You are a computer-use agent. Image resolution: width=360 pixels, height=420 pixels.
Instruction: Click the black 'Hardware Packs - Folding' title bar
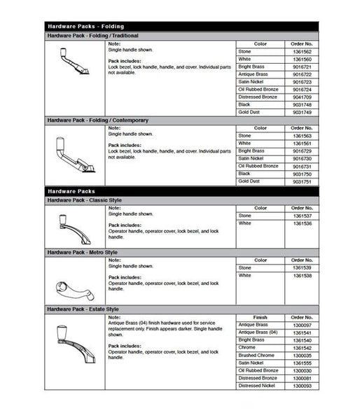click(x=181, y=26)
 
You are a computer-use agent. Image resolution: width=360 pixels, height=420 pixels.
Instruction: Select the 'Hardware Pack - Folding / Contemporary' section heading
click(x=97, y=120)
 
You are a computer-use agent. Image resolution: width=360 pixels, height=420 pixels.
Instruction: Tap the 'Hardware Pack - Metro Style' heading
click(x=82, y=251)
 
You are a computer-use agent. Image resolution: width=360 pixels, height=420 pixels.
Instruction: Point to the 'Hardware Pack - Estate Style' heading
click(x=83, y=309)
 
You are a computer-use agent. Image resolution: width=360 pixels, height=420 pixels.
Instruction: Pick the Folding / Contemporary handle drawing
click(x=74, y=156)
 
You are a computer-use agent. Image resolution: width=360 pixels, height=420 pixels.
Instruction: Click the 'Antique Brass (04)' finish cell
click(x=258, y=332)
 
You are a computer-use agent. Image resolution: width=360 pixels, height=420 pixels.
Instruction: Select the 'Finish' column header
click(x=260, y=317)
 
